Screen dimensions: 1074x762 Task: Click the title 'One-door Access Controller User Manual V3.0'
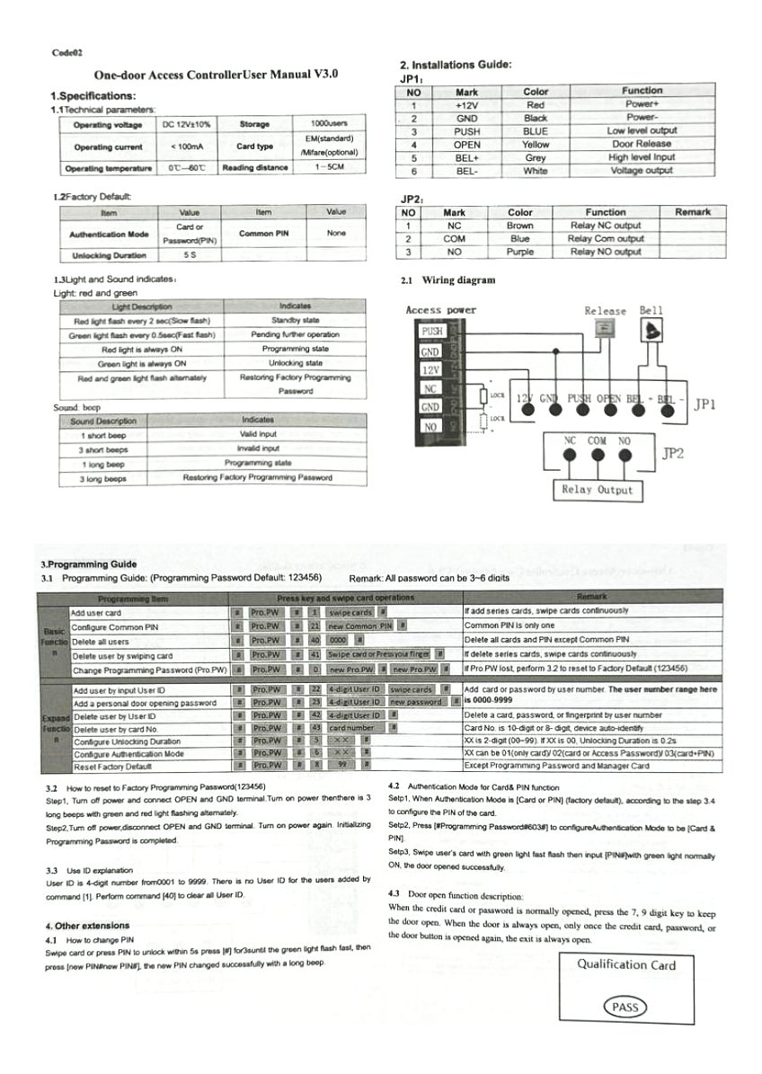point(216,77)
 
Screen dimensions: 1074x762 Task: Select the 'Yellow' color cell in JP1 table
point(536,144)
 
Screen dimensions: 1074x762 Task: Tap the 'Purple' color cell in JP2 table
point(520,252)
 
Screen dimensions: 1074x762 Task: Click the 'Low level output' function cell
point(642,130)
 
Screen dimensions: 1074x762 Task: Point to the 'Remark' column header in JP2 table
point(692,212)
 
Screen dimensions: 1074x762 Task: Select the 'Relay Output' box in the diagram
point(597,490)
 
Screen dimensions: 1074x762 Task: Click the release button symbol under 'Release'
point(605,330)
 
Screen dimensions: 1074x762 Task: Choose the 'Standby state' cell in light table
point(295,320)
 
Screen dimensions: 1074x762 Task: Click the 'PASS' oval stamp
point(625,1007)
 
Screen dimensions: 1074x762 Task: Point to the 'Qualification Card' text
point(625,965)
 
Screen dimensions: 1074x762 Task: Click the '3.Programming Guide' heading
point(89,564)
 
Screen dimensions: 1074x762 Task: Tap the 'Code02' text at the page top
point(69,53)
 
